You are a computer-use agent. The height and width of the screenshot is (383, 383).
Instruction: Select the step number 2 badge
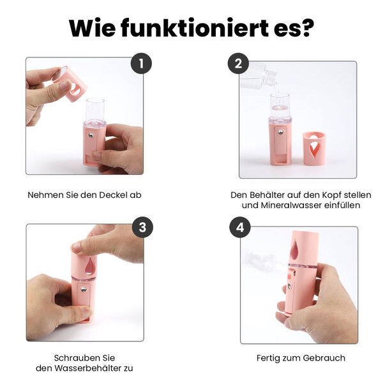coord(238,63)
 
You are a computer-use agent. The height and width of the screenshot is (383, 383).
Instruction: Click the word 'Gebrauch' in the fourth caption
coord(324,357)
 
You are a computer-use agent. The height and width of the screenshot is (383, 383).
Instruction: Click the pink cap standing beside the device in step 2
coord(314,148)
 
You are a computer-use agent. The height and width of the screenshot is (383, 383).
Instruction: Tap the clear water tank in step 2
coord(280,107)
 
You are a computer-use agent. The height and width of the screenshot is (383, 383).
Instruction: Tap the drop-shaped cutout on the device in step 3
coord(89,266)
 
